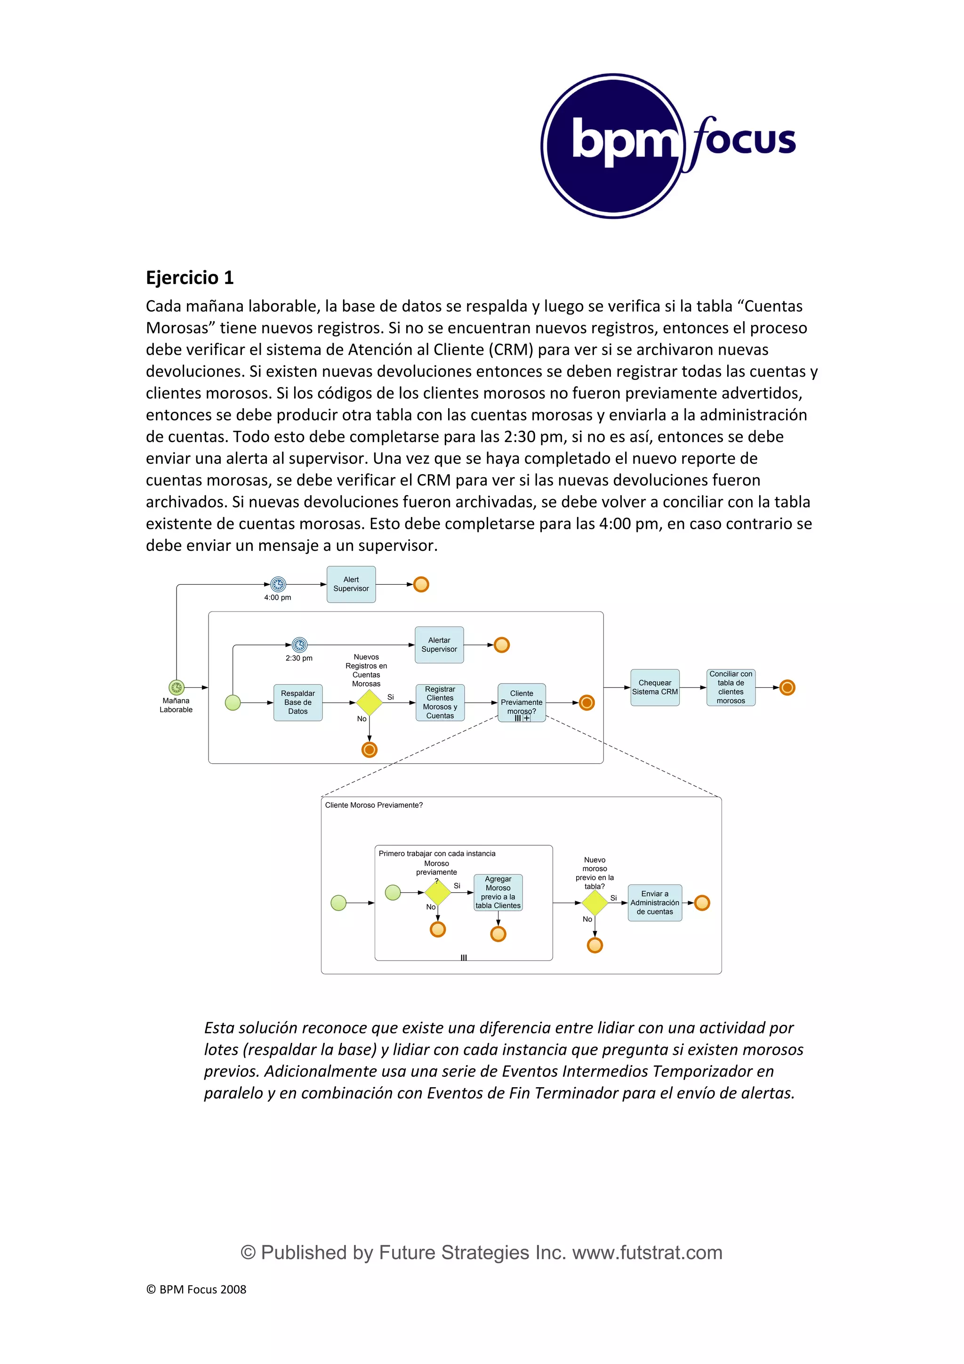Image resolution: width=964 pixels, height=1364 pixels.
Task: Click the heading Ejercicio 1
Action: (x=190, y=277)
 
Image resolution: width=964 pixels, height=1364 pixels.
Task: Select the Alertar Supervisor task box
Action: (x=439, y=645)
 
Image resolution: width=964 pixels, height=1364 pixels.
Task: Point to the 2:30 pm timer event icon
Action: (x=299, y=645)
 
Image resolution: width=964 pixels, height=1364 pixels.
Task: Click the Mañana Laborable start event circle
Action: (x=177, y=687)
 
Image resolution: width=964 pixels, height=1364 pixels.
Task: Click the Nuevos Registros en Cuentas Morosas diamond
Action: (x=369, y=703)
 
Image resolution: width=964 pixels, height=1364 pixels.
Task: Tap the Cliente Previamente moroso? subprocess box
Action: (x=522, y=702)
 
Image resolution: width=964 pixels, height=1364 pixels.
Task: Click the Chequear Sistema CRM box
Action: (x=655, y=687)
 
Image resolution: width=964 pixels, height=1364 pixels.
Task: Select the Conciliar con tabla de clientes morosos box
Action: (x=731, y=687)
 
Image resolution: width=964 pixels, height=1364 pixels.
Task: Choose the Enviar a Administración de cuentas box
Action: (x=655, y=903)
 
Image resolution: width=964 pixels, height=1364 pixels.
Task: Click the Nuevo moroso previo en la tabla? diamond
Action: (x=594, y=903)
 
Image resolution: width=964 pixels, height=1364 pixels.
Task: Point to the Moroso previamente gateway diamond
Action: (x=438, y=892)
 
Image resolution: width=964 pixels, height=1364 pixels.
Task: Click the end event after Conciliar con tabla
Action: (x=787, y=687)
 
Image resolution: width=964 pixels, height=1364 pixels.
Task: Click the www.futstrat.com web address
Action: (x=647, y=1252)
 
